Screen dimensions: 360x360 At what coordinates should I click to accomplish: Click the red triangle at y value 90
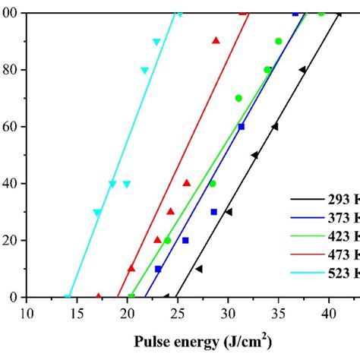(216, 40)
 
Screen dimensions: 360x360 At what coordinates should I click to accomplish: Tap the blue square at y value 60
(242, 127)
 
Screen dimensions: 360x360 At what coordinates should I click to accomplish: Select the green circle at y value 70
(238, 98)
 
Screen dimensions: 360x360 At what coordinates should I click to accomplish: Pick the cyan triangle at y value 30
(97, 213)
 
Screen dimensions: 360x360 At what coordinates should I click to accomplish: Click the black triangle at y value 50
(254, 155)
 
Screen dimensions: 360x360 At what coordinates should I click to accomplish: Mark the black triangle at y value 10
(198, 269)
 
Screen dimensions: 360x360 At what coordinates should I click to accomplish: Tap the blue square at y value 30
(214, 212)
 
